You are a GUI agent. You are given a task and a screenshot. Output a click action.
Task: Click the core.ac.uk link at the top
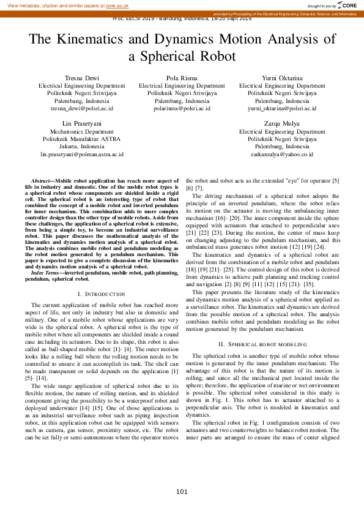[x=117, y=5]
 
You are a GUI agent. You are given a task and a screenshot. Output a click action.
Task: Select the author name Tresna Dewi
[x=82, y=78]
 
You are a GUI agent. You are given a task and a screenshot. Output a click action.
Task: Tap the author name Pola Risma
[x=182, y=78]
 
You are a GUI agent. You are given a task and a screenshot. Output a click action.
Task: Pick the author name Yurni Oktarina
[x=282, y=78]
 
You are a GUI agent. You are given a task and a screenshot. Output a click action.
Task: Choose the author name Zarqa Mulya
[x=282, y=124]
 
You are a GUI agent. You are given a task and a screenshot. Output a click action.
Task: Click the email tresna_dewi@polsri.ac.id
[x=82, y=108]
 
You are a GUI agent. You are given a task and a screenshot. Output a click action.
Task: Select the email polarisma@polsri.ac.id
[x=182, y=108]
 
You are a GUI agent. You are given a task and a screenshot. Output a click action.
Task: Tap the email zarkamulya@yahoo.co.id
[x=282, y=154]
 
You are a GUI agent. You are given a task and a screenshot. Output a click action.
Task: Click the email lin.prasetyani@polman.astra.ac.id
[x=82, y=154]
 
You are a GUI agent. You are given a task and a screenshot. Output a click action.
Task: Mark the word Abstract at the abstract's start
[x=42, y=182]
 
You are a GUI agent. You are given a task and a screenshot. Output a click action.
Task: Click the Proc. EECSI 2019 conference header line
[x=182, y=18]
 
